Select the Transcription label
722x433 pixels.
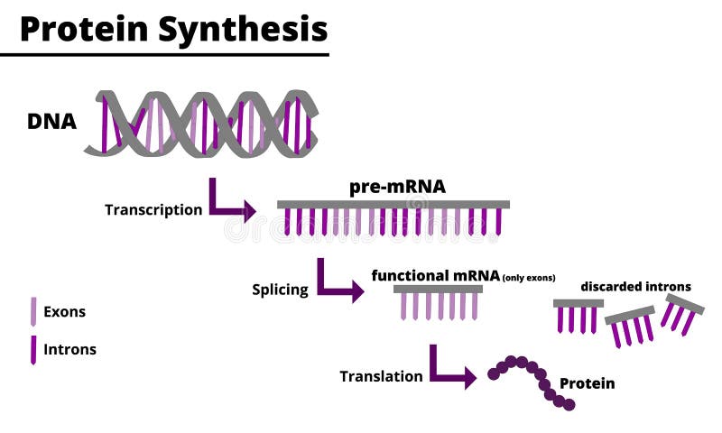[x=153, y=210]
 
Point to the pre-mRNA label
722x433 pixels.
[x=397, y=187]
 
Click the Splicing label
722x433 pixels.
[x=280, y=290]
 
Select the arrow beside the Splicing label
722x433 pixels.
[x=338, y=281]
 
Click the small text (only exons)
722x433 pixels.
[x=529, y=277]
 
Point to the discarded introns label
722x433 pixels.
[x=635, y=287]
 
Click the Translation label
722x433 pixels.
[x=381, y=376]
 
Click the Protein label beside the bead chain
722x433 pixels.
[x=587, y=383]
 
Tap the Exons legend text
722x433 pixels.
[x=64, y=312]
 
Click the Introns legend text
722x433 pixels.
[x=69, y=349]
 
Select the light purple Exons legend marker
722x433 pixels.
[x=33, y=312]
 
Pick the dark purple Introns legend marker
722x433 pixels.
[x=33, y=349]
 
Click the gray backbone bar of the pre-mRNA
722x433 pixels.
[x=393, y=205]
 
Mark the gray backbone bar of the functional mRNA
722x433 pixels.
[x=438, y=289]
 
